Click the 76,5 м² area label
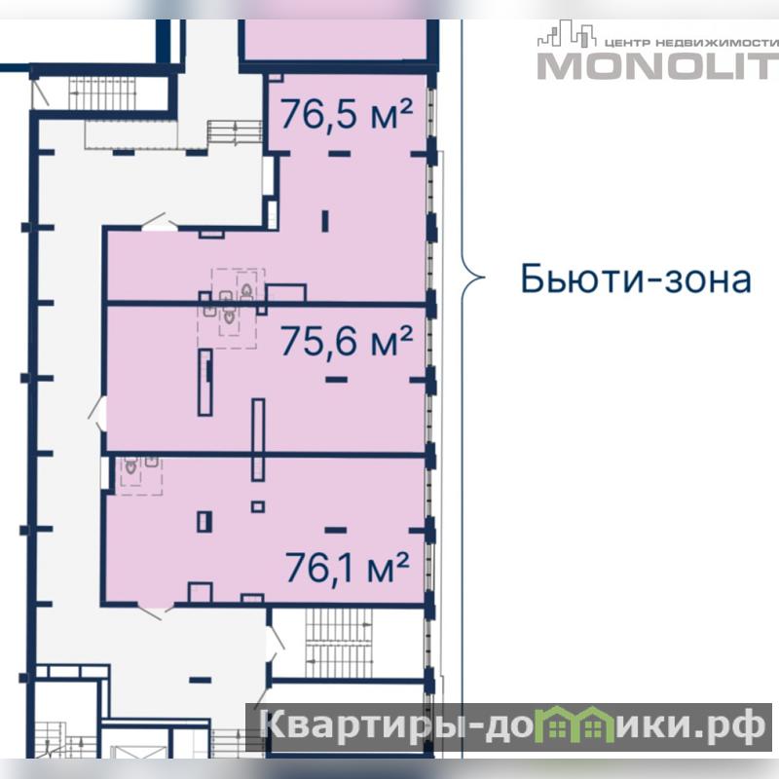point(347,115)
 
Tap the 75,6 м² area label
point(347,342)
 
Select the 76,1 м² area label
point(348,568)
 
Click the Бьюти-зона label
point(636,278)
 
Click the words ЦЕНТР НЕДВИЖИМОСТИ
point(691,43)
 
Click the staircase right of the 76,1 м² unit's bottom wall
point(339,644)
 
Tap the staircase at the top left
point(102,93)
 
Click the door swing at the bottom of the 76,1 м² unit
point(155,611)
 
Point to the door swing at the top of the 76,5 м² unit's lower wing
point(160,222)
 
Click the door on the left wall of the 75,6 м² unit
point(97,413)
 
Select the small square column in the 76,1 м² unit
point(258,506)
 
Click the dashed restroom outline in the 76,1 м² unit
point(139,476)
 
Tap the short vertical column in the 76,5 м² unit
point(325,221)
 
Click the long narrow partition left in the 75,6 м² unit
point(205,382)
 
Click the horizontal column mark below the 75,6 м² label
point(336,379)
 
